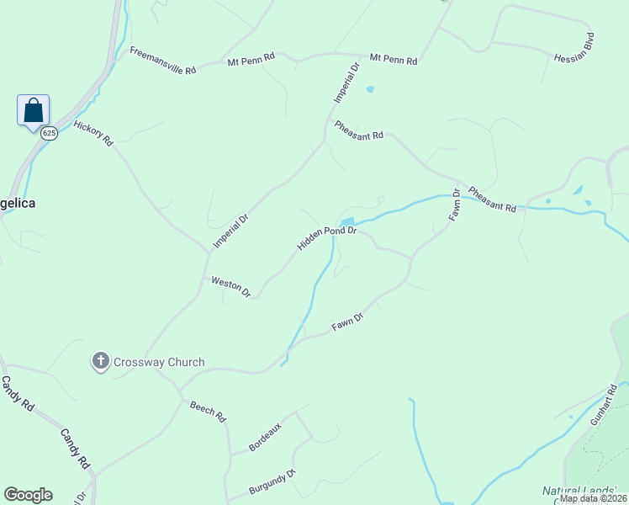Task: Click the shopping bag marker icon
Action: [33, 110]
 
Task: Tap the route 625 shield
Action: [50, 133]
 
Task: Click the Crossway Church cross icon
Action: [100, 362]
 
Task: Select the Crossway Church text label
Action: [158, 362]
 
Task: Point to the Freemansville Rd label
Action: [162, 61]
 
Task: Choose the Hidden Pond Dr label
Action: [327, 237]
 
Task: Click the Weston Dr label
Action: [231, 287]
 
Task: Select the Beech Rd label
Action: [208, 412]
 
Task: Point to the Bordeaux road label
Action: [265, 436]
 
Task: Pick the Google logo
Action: [28, 495]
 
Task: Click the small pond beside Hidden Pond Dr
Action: [346, 221]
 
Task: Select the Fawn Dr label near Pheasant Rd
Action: [455, 205]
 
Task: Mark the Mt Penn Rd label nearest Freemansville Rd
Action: [251, 59]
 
